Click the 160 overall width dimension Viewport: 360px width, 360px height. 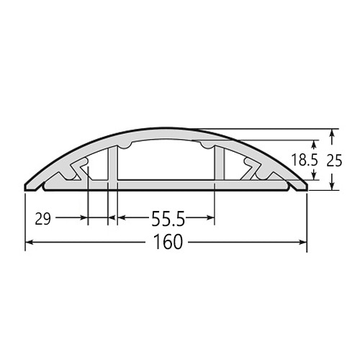(168, 242)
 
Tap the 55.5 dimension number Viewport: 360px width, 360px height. (168, 218)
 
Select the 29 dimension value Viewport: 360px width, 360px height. (43, 219)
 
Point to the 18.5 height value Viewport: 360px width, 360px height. (305, 160)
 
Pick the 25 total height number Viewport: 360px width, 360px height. (334, 161)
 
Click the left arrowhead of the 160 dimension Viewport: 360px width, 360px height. (29, 243)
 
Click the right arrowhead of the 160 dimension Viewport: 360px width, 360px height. (303, 243)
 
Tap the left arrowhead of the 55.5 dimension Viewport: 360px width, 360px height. (122, 217)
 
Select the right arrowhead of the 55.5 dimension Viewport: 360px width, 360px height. (210, 217)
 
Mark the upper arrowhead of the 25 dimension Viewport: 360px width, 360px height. (332, 133)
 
